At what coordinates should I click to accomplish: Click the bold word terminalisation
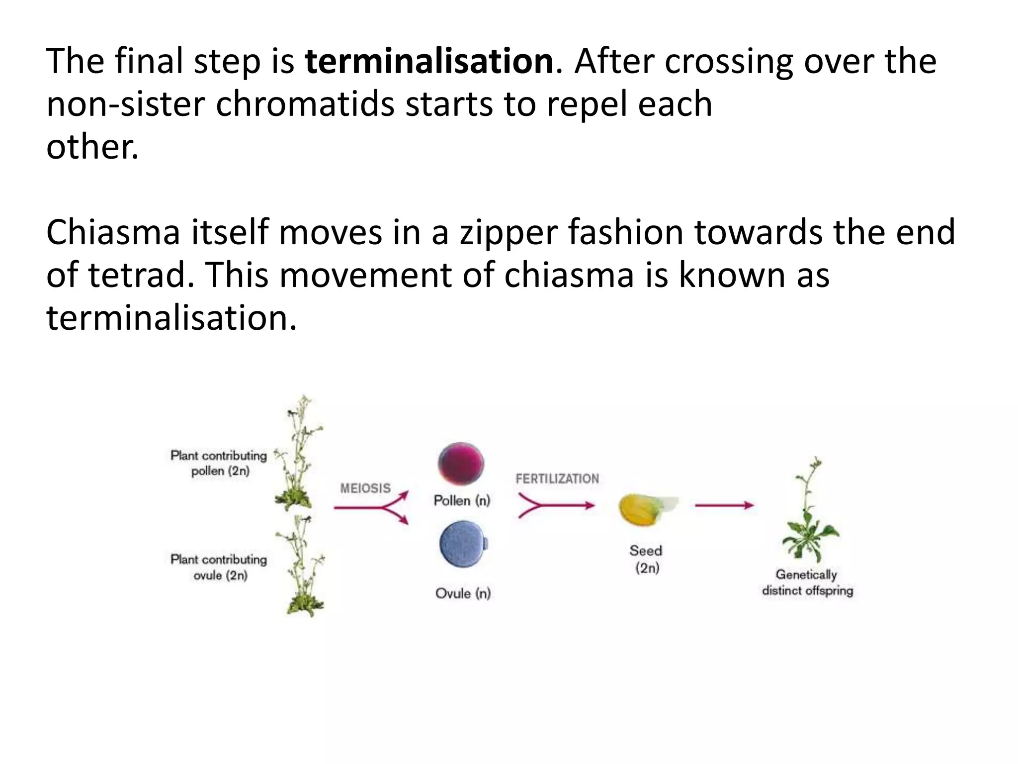point(429,62)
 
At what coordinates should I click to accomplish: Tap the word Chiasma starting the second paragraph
point(113,233)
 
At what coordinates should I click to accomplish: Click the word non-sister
point(125,104)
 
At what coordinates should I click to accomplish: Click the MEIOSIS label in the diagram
point(365,488)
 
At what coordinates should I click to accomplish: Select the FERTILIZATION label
point(557,478)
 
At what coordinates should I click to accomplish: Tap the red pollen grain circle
point(461,464)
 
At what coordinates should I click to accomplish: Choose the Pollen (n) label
point(462,500)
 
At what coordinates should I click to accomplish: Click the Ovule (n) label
point(463,593)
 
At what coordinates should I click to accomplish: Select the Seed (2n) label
point(646,559)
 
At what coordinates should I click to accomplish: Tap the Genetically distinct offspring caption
point(807,582)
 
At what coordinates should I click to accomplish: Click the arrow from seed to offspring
point(724,506)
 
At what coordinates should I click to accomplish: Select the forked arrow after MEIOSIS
point(372,507)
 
